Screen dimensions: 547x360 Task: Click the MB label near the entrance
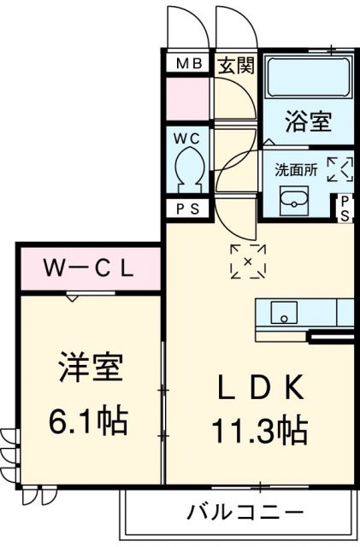(188, 65)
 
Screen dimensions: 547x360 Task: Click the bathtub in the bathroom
(308, 78)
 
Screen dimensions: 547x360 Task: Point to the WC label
(188, 137)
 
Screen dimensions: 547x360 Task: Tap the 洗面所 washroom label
(295, 169)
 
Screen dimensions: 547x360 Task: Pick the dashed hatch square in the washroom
(339, 168)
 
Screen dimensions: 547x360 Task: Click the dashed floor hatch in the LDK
(248, 261)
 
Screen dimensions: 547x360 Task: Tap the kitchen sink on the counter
(283, 313)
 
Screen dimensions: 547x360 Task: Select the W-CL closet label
(89, 269)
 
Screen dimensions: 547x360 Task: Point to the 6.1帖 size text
(89, 420)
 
